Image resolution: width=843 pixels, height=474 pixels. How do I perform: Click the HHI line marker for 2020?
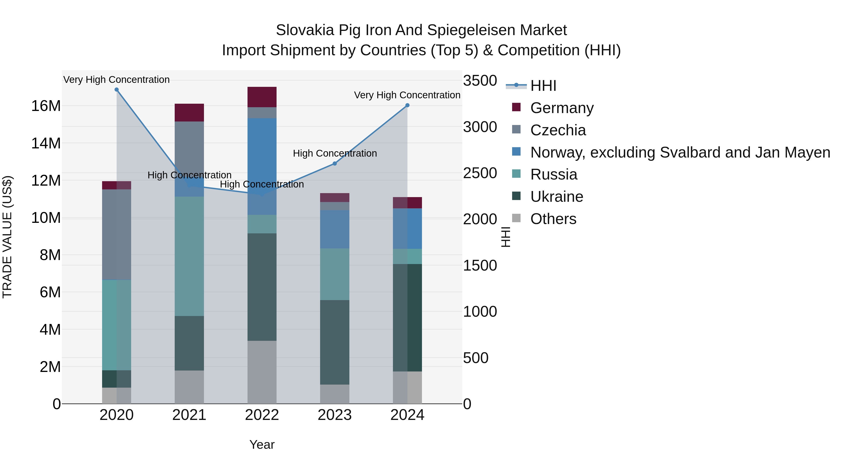117,90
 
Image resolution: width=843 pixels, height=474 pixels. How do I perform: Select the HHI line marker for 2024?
407,105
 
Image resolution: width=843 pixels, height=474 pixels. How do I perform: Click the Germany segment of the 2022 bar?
262,97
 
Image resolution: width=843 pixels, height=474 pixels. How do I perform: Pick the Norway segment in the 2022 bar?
262,166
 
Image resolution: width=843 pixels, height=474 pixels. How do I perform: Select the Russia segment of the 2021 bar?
189,256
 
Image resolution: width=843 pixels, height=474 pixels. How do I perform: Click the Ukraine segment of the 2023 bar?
334,342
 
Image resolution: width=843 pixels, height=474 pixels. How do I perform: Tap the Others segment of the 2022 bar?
262,372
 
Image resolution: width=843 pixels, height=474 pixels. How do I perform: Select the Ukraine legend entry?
556,197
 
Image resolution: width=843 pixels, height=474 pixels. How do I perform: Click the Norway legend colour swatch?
516,151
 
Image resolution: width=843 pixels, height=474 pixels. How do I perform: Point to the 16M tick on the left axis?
46,106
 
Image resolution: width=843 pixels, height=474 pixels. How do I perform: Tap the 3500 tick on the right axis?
480,81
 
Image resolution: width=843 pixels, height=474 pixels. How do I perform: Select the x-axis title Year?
262,445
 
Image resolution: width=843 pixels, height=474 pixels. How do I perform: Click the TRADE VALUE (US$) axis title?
7,237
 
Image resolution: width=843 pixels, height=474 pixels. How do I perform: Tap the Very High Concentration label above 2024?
407,95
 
